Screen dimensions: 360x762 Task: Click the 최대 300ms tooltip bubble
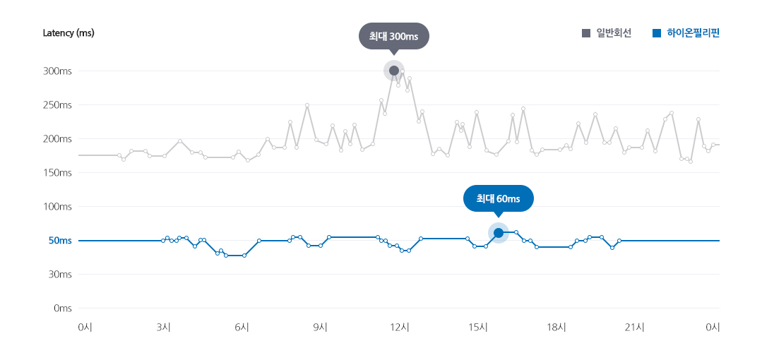click(x=393, y=36)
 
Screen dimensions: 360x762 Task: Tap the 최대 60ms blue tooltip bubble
click(x=498, y=198)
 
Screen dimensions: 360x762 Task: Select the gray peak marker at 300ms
click(x=394, y=71)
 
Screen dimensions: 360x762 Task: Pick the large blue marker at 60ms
click(x=498, y=233)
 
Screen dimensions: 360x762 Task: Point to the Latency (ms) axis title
click(x=69, y=33)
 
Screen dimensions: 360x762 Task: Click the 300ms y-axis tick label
click(x=57, y=71)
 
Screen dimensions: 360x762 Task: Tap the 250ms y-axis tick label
click(x=57, y=105)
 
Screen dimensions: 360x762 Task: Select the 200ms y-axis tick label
click(x=57, y=139)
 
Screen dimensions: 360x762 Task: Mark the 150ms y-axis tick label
click(x=57, y=173)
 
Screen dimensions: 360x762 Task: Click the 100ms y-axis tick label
click(x=57, y=207)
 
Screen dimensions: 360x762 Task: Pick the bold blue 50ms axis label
click(x=60, y=241)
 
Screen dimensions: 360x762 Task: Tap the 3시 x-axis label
click(x=163, y=327)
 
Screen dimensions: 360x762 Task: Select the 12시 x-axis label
click(x=400, y=327)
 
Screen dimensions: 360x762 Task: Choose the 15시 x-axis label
click(x=478, y=327)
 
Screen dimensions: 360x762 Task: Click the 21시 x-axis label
click(x=635, y=327)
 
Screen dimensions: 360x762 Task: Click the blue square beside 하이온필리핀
click(x=657, y=33)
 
